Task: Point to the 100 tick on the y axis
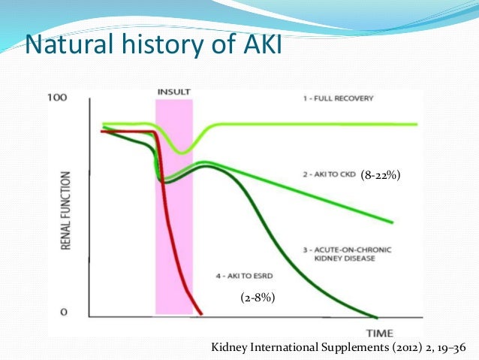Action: pos(57,98)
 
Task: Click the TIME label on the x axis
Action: pos(381,332)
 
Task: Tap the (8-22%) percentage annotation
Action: pos(381,175)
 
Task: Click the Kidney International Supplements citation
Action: pos(339,347)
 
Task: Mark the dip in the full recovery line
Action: pos(181,153)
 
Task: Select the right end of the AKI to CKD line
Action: pos(393,222)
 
